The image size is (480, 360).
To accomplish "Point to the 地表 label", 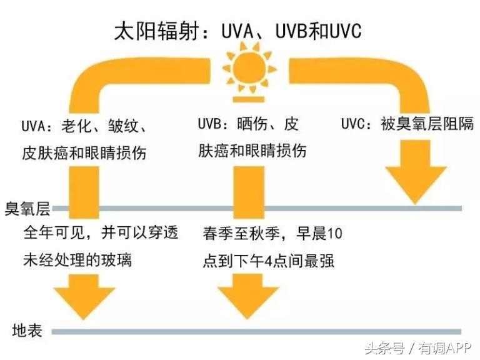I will [27, 331].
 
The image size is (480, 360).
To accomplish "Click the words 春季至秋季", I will [240, 234].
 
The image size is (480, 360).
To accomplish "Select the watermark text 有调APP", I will [446, 347].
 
